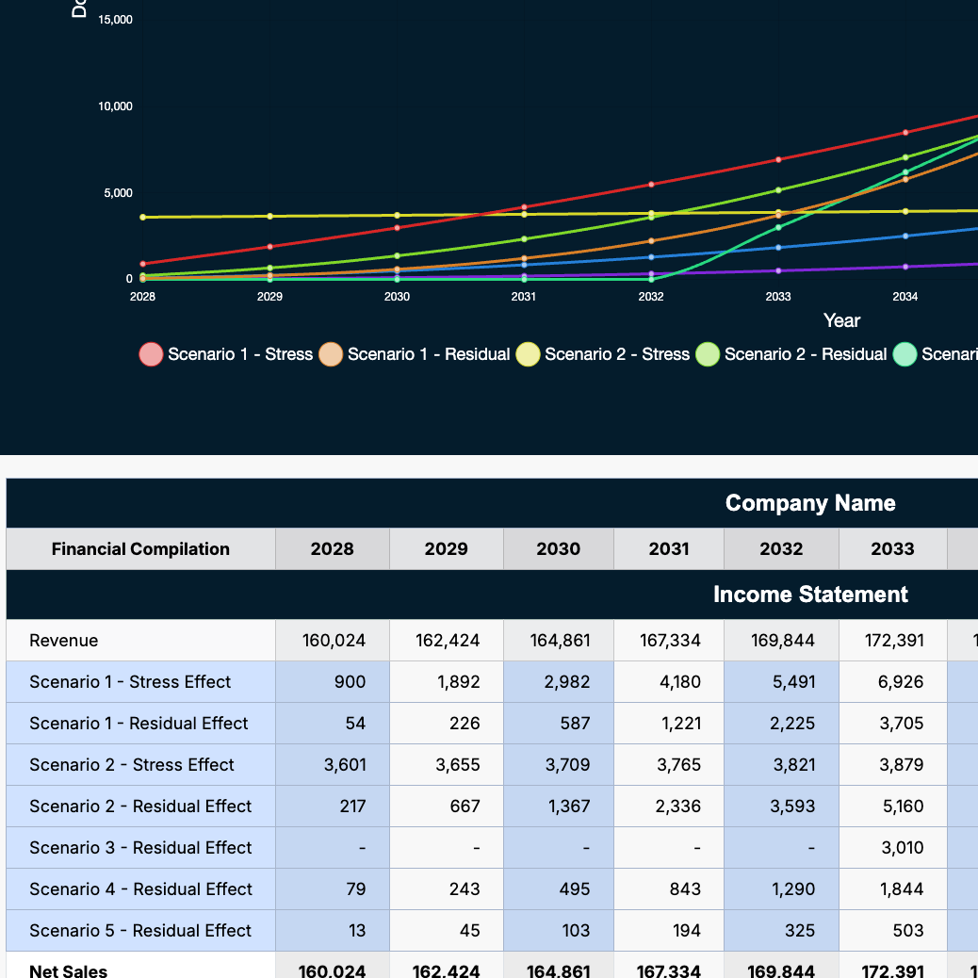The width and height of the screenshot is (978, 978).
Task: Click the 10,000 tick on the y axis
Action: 115,106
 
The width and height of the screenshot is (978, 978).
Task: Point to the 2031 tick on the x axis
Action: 524,297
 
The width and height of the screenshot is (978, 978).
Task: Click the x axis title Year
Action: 841,320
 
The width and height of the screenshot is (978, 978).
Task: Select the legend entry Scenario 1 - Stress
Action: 226,354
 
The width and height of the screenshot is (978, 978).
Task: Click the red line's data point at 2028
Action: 142,264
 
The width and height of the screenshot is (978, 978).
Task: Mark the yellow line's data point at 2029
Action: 270,217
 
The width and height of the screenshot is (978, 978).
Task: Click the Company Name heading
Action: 810,503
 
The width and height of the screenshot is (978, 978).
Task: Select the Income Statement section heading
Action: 810,595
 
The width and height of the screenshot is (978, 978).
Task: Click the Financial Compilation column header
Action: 140,549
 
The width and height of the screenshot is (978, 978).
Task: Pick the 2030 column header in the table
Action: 559,549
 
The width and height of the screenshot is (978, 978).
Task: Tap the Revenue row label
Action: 64,641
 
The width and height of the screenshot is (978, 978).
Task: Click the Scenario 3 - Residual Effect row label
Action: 140,848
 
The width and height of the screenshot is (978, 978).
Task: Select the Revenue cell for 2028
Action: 334,641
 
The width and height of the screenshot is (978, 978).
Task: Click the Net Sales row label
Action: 69,970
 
